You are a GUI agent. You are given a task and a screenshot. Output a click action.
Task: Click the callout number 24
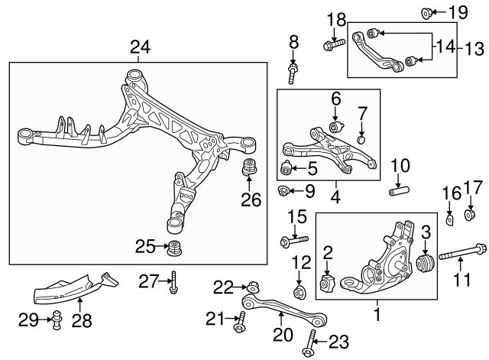point(139,47)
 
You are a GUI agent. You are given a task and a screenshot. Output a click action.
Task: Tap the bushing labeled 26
point(248,168)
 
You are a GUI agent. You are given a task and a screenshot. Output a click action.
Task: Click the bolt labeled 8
point(293,73)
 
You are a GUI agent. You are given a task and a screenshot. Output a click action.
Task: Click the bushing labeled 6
point(334,126)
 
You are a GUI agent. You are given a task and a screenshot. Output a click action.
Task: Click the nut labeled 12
point(300,291)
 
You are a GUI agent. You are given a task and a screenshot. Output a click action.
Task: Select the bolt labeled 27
point(175,284)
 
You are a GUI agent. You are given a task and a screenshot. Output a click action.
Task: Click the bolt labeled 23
point(310,342)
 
